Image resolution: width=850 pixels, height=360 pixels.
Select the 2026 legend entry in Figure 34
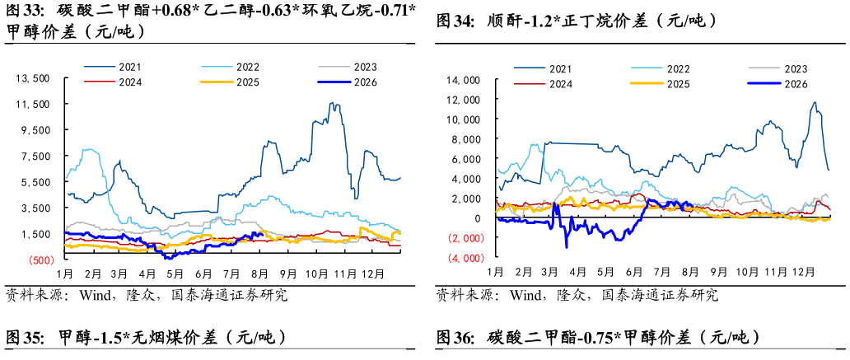click(x=777, y=83)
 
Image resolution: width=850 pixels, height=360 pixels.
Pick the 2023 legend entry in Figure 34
click(x=778, y=69)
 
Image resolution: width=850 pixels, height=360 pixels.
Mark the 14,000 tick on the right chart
click(x=464, y=80)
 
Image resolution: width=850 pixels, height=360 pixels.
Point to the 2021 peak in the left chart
click(x=332, y=102)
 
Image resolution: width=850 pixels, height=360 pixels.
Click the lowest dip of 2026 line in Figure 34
click(x=567, y=247)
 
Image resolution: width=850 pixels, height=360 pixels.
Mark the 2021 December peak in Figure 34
click(x=815, y=102)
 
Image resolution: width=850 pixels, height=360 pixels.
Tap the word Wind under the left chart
click(x=95, y=296)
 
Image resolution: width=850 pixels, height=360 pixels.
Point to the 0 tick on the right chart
click(x=478, y=218)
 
